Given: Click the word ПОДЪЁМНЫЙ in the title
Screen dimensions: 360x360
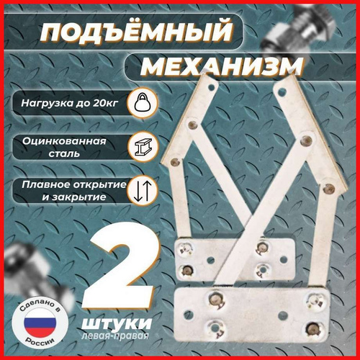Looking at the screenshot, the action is [x=136, y=31].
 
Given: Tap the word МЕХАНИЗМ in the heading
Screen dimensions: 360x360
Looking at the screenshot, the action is [x=222, y=66].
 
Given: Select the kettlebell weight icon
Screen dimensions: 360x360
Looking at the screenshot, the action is [x=143, y=103].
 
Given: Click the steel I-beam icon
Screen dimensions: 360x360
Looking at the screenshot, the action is [x=143, y=147].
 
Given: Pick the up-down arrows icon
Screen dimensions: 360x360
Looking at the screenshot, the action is [x=143, y=192].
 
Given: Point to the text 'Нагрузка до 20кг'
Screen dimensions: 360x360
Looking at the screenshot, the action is [x=70, y=103].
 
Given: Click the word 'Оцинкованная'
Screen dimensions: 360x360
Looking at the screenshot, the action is [x=64, y=141].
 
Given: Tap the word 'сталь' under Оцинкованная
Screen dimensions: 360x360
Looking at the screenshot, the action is [x=64, y=153].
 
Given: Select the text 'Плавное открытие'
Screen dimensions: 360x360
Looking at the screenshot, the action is [x=74, y=184].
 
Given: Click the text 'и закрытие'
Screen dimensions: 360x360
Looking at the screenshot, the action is [x=74, y=197].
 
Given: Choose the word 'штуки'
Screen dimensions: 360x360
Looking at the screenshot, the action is [x=117, y=323].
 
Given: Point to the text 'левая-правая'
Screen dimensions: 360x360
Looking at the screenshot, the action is [x=115, y=336].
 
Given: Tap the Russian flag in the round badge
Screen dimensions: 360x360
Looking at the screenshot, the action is [x=40, y=323].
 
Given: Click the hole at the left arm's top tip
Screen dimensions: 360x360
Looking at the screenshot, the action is [x=211, y=87].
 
